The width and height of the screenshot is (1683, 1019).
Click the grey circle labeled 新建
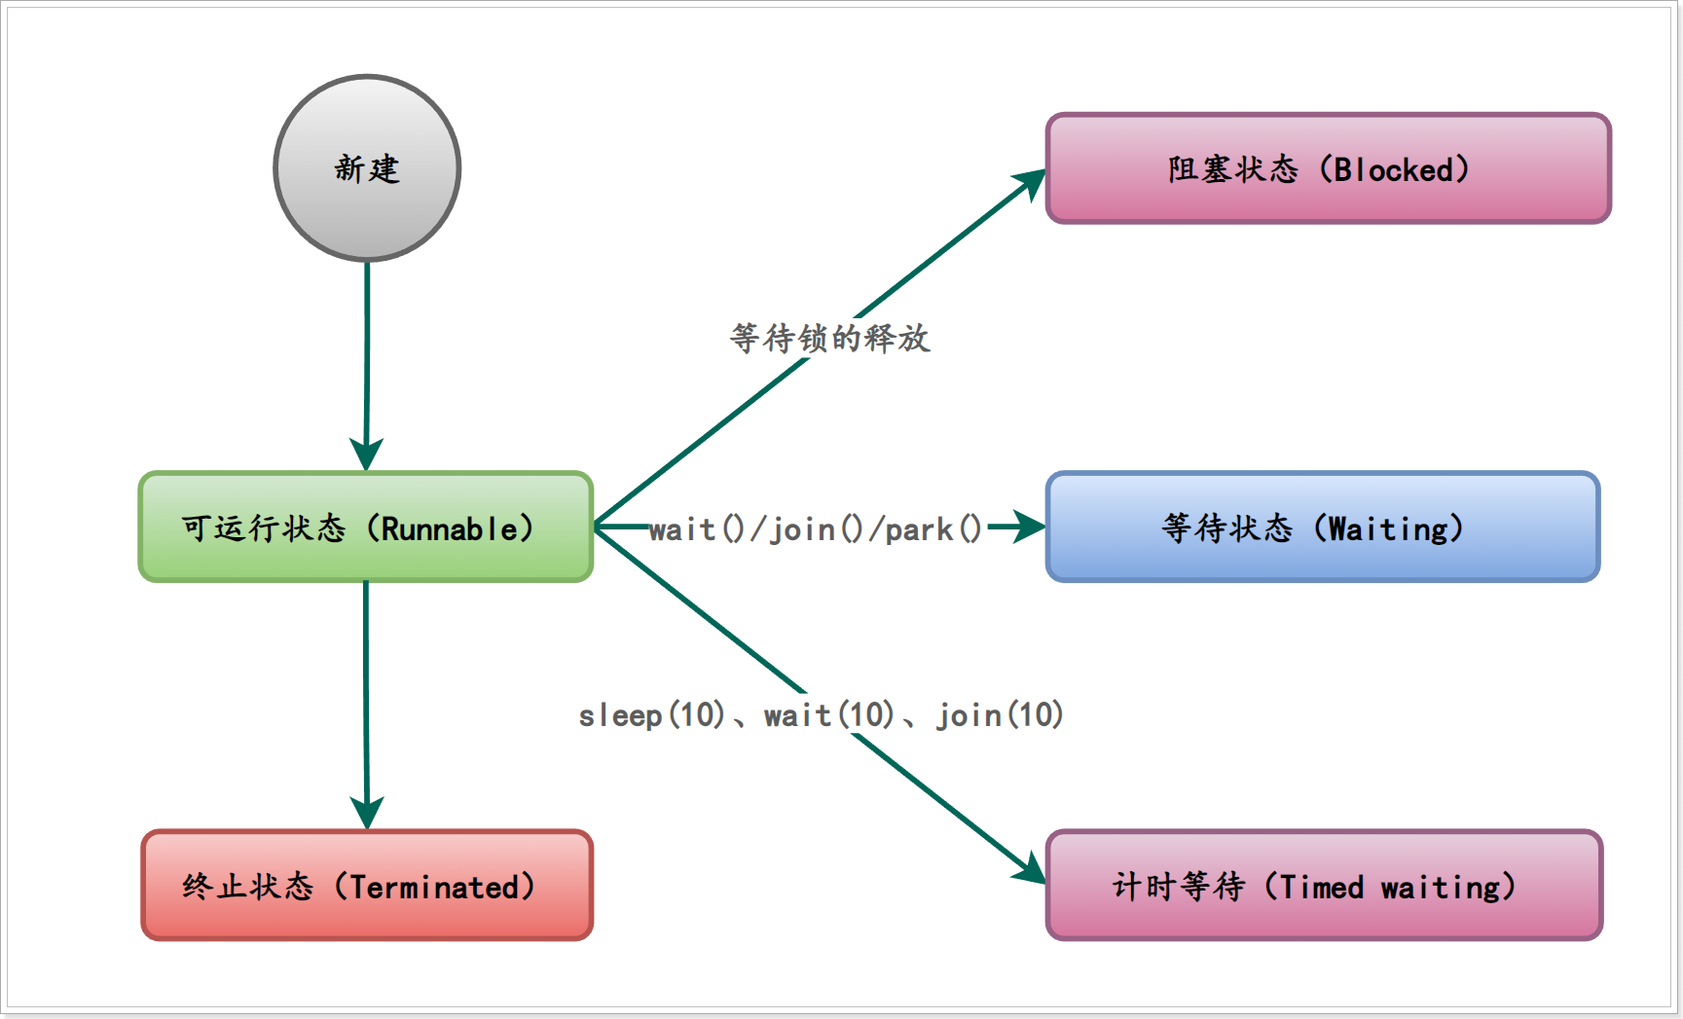367,168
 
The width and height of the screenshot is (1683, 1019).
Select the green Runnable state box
366,528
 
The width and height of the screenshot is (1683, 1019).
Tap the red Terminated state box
367,885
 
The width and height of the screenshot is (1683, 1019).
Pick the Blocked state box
1328,168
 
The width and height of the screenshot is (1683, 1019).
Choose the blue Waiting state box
1322,528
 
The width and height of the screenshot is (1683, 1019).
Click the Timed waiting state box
1324,885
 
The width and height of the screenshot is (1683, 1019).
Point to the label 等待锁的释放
830,339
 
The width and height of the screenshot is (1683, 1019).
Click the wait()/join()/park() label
816,529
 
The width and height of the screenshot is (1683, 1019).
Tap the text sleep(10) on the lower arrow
651,715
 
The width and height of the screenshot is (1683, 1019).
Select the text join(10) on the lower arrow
1000,715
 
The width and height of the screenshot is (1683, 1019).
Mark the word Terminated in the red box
435,887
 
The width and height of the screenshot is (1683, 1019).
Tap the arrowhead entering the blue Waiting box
1030,528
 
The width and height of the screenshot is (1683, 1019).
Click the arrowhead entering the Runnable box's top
366,455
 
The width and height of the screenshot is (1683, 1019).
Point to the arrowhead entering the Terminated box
367,814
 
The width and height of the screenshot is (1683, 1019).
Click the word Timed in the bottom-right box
1321,887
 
